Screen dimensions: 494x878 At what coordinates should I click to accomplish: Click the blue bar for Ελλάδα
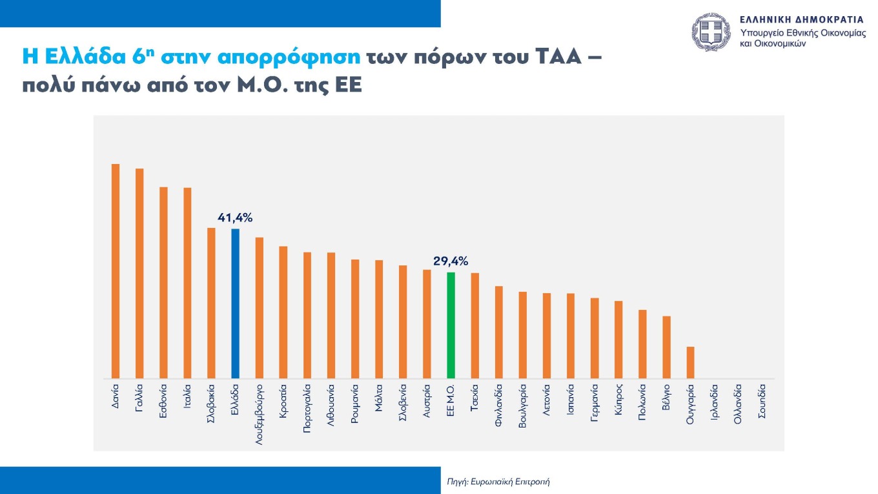click(235, 304)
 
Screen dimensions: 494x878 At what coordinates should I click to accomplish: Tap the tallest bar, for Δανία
click(116, 271)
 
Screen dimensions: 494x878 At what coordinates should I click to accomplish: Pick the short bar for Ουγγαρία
click(690, 362)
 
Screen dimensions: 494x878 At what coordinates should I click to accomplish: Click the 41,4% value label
click(235, 218)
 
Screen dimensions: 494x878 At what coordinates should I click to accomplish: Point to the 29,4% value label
click(451, 261)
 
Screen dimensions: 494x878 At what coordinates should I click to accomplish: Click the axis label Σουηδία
click(762, 403)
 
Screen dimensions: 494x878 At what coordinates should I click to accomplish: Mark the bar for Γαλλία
click(139, 273)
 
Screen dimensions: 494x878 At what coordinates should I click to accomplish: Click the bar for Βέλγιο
click(666, 347)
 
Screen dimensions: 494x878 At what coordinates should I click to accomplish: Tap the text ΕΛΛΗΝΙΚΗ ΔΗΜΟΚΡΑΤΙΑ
click(801, 19)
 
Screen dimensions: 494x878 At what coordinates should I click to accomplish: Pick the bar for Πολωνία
click(642, 344)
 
